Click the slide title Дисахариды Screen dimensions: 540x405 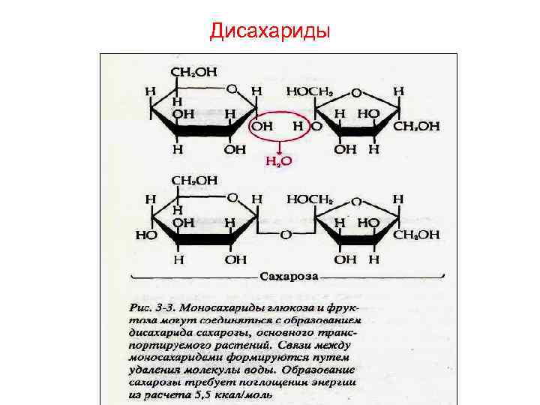point(269,31)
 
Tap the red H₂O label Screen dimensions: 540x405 point(279,161)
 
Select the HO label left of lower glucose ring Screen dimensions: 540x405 point(145,234)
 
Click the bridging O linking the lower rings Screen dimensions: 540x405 point(286,235)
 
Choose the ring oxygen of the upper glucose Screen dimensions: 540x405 point(232,89)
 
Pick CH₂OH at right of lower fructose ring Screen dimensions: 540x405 point(417,235)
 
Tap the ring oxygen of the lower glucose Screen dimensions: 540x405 point(232,199)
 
